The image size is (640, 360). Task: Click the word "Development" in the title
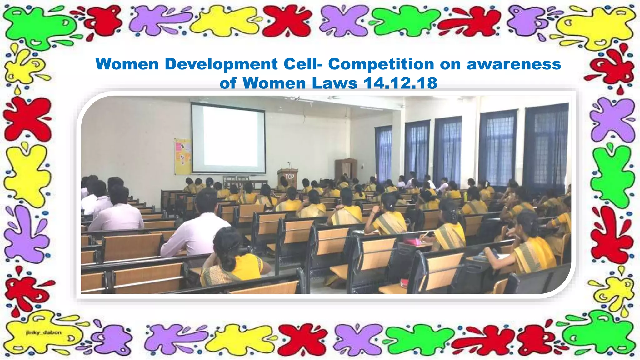(221, 64)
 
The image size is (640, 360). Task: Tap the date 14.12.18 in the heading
(400, 83)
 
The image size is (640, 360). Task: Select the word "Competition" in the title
(381, 64)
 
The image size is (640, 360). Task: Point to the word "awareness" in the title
(514, 64)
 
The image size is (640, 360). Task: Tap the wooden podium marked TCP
(288, 178)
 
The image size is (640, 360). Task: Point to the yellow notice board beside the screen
(182, 156)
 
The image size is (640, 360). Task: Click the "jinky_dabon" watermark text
(44, 332)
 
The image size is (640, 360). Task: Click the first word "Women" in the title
(127, 64)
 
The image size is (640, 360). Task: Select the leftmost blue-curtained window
(383, 153)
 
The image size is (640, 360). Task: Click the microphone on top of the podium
(289, 163)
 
